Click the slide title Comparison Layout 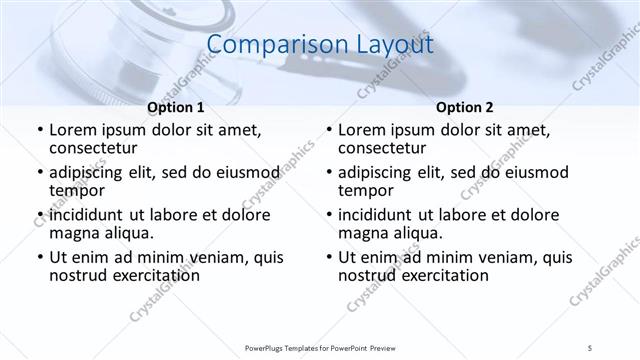[320, 45]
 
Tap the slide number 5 [590, 347]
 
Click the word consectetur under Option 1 [95, 148]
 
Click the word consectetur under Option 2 [384, 148]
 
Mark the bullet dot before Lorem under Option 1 [39, 131]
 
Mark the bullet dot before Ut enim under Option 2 [329, 258]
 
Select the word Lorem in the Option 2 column [362, 130]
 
